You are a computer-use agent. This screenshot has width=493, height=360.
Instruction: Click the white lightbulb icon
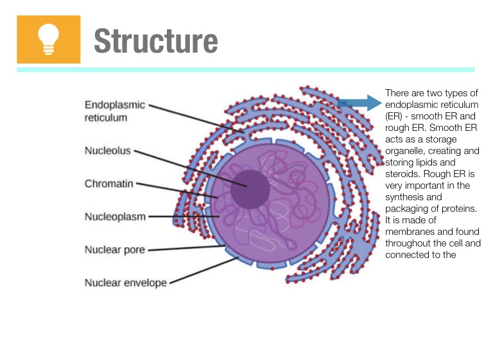tap(48, 39)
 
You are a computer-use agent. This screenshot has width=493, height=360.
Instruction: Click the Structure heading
tap(155, 40)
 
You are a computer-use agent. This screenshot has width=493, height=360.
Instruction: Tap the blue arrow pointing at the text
tap(359, 102)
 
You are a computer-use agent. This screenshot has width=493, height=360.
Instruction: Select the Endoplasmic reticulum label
tap(115, 110)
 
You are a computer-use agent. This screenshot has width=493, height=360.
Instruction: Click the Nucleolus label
tap(107, 151)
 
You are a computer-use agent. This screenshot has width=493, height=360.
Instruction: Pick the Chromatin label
tap(109, 184)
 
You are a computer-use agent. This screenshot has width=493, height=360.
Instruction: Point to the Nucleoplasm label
tap(115, 216)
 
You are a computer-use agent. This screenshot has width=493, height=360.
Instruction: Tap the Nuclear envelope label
tap(125, 282)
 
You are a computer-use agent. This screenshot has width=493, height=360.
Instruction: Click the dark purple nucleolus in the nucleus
tap(249, 188)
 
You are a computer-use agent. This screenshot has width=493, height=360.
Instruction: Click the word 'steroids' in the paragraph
tap(402, 174)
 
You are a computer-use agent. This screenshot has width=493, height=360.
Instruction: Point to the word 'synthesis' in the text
tap(404, 197)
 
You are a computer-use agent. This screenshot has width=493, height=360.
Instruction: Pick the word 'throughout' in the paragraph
tap(408, 243)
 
